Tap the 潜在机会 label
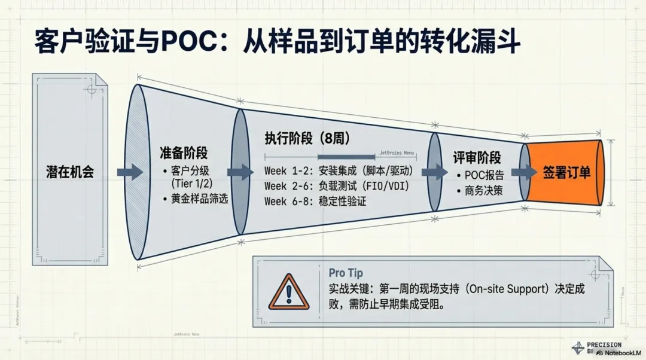coord(70,172)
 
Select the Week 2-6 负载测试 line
coord(336,186)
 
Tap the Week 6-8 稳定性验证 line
coord(315,202)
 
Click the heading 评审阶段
coord(476,158)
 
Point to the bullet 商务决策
coord(483,191)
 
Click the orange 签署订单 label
coord(566,172)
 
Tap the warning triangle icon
coord(289,292)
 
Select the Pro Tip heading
coord(346,273)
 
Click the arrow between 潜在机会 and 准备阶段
coord(130,172)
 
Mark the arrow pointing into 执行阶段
coord(241,172)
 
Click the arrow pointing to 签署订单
coord(523,172)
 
